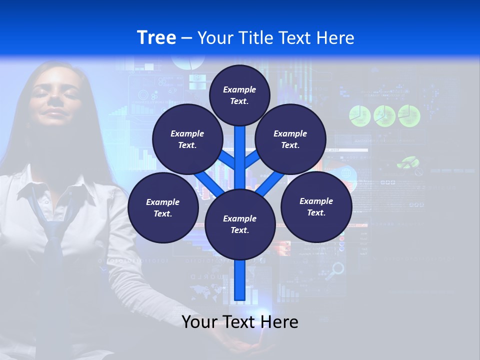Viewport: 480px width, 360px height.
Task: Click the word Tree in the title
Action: pos(156,38)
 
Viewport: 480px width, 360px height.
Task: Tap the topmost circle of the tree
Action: pos(239,95)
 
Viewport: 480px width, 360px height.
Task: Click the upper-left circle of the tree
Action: pos(187,139)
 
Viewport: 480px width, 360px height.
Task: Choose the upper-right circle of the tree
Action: pos(290,139)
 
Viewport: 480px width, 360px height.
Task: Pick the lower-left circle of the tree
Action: pos(163,208)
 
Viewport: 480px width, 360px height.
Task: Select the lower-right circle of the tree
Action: pos(316,207)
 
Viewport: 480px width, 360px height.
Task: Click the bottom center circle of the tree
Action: pos(240,224)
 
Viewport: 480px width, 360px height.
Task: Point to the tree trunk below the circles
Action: pos(240,280)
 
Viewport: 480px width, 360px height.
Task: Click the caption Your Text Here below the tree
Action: pos(240,322)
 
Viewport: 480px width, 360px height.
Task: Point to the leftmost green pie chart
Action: pos(359,116)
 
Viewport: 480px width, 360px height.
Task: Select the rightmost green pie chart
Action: pos(409,116)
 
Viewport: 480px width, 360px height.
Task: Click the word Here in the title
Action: pos(336,38)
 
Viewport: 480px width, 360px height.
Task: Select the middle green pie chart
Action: pos(384,116)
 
